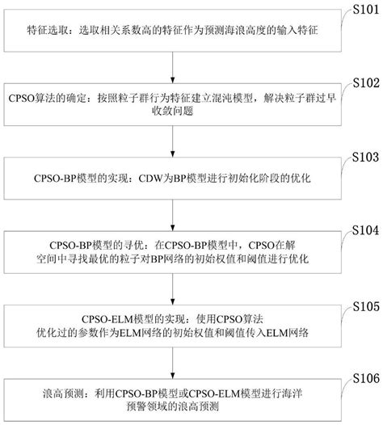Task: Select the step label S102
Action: coord(361,82)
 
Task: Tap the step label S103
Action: coord(361,155)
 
